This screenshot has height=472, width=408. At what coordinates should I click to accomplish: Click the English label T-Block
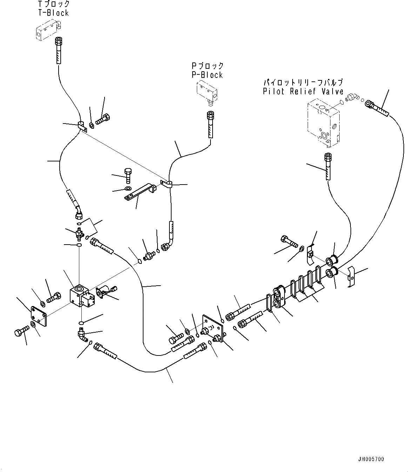point(53,13)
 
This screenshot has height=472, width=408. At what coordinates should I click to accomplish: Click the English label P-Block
point(207,75)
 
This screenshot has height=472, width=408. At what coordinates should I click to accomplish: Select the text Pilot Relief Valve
point(303,92)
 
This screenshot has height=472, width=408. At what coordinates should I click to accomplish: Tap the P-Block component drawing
point(207,91)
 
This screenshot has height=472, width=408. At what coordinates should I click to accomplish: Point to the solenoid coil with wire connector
point(104,292)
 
